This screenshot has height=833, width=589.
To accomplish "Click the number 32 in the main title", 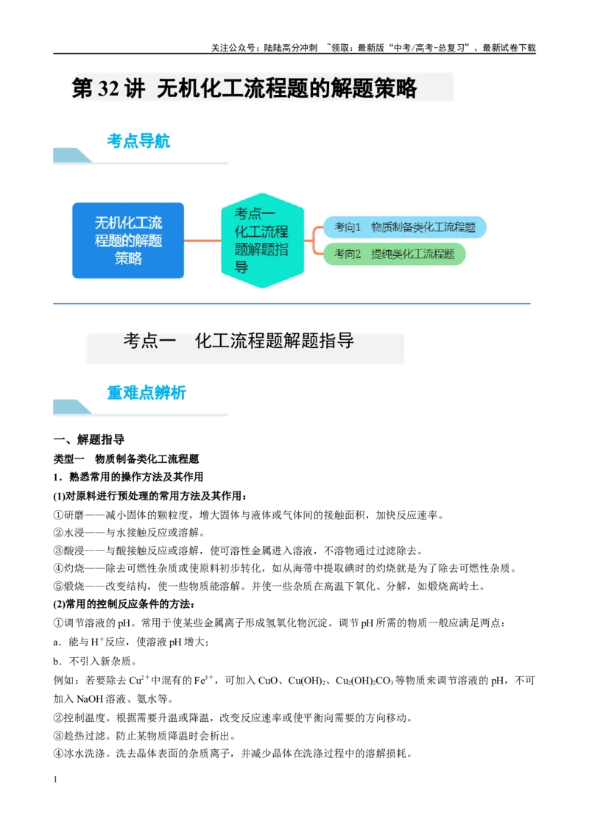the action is point(108,89).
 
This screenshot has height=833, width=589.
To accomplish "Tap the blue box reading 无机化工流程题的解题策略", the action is point(128,240).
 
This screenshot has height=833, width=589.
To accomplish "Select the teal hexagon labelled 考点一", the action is point(263,240).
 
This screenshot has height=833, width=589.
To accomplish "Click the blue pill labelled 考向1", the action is point(404,227).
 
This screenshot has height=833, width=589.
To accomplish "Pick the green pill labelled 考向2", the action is point(394,254).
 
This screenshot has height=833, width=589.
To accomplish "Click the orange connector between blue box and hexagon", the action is point(202,241).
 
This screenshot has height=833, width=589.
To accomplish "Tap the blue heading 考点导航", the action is point(138,141).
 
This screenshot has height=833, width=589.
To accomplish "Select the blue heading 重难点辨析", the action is point(147,393).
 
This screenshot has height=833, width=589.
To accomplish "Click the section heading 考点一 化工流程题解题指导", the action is point(239,341).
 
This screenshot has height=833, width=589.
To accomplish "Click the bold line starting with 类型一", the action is point(126,458).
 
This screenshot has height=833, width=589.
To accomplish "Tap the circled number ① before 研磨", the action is point(58,515).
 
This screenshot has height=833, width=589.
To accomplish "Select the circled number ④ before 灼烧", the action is point(58,568).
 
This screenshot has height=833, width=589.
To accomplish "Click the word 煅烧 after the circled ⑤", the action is point(74,586).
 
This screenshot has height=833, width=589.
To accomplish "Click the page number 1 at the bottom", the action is point(55,779).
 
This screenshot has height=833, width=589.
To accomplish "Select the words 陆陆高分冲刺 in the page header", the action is point(291,48).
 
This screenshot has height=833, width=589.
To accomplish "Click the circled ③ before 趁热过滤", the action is point(58,737).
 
